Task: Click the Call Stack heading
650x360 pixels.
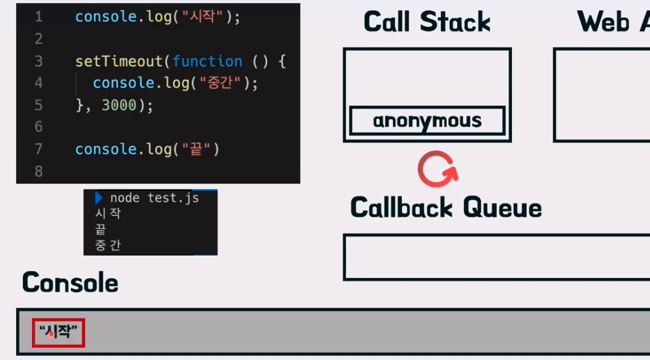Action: pos(427,22)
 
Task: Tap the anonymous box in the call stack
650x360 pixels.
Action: pos(427,121)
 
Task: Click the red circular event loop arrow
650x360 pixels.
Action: pos(438,169)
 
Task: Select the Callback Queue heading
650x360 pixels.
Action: pos(446,208)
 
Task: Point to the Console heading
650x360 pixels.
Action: pos(70,283)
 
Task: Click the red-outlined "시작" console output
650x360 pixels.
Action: pos(58,333)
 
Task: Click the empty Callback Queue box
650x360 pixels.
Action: pos(496,257)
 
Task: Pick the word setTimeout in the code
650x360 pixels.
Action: pos(119,61)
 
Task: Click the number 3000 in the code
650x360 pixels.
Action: pos(119,105)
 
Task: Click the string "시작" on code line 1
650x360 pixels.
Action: pos(203,17)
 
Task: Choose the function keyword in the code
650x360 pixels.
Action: pos(207,61)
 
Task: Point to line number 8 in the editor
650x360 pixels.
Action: pos(38,171)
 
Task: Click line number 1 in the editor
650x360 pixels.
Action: pos(38,17)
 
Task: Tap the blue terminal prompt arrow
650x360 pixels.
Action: pos(98,198)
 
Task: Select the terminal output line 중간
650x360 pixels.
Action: pos(108,245)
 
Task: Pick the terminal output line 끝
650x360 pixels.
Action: pos(100,229)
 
